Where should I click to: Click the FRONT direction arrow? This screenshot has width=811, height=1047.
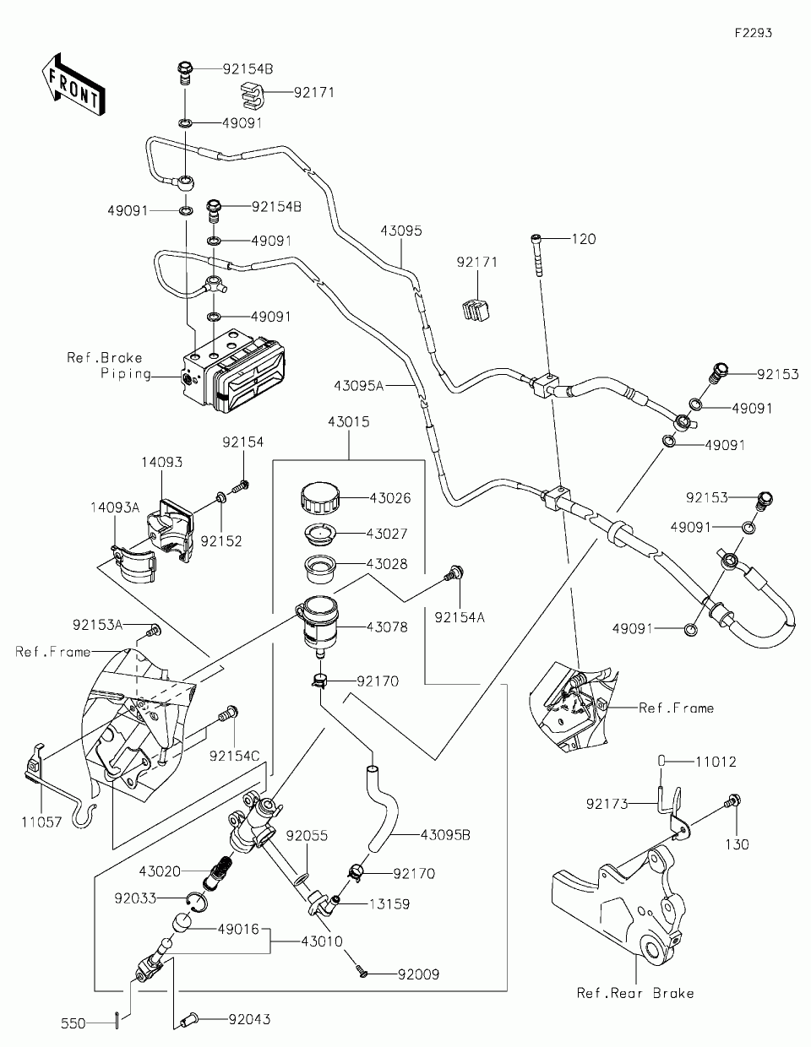coord(73,84)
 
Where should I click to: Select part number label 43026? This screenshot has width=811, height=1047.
coord(389,498)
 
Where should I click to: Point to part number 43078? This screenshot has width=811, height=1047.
coord(387,627)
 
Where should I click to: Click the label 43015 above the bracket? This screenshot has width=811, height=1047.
coord(349,420)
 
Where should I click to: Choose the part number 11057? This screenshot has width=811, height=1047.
coord(41,822)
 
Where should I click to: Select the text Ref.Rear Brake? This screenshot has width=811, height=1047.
coord(634,993)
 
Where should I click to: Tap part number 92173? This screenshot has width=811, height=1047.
coord(608,805)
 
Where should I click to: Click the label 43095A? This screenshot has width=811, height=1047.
coord(358,385)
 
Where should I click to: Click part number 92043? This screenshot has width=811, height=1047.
coord(249,1020)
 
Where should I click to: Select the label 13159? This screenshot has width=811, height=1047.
coord(389,903)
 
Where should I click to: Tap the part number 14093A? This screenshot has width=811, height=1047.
coord(116,507)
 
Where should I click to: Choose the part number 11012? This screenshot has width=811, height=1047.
coord(716,762)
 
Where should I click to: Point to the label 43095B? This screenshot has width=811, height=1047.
coord(445,835)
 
